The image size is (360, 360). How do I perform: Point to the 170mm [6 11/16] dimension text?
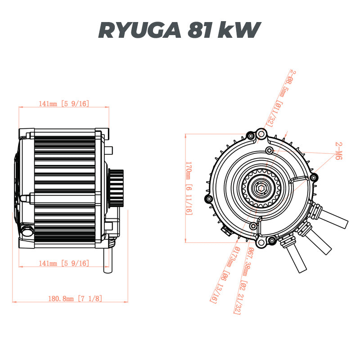point(189,188)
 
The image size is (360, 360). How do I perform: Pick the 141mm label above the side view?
point(63,103)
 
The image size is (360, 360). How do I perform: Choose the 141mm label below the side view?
point(63,263)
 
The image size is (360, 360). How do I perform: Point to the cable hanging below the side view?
point(107,261)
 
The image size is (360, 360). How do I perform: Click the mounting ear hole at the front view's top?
point(261,134)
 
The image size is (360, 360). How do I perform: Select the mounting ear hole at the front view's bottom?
point(271,242)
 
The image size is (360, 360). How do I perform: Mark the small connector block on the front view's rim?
point(226,230)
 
